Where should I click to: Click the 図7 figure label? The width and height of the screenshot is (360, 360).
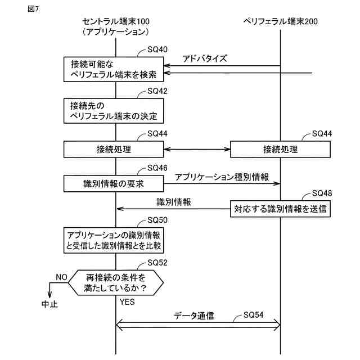(x=33, y=9)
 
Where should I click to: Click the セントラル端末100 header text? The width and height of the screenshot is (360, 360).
(x=116, y=21)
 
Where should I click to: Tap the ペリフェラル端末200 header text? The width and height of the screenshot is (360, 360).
(x=281, y=21)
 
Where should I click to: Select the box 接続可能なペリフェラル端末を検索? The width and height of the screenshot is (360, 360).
(x=114, y=69)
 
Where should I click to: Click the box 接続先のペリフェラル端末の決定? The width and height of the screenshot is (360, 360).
(x=114, y=111)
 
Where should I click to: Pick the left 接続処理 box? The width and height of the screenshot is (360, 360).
(x=114, y=150)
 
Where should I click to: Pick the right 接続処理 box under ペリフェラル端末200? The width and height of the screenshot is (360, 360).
(x=280, y=150)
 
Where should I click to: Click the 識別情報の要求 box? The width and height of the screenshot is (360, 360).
(x=114, y=184)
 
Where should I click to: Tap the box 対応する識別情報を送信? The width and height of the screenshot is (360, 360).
(x=280, y=209)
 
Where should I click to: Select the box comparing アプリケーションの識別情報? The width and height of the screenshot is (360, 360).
(x=114, y=240)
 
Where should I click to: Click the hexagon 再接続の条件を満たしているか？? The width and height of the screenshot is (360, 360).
(x=116, y=282)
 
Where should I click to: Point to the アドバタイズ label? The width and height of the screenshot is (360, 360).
(x=205, y=58)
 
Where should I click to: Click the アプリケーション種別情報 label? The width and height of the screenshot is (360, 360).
(x=222, y=177)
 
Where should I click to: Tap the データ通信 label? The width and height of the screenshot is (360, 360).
(x=194, y=316)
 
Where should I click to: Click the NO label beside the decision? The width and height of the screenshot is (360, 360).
(x=61, y=277)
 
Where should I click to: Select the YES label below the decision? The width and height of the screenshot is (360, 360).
(x=127, y=301)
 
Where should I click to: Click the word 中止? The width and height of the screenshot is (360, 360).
(x=49, y=304)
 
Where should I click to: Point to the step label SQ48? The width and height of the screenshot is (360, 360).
(x=322, y=193)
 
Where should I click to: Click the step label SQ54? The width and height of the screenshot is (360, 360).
(x=253, y=314)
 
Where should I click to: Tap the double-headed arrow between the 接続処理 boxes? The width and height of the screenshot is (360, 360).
(x=197, y=150)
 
